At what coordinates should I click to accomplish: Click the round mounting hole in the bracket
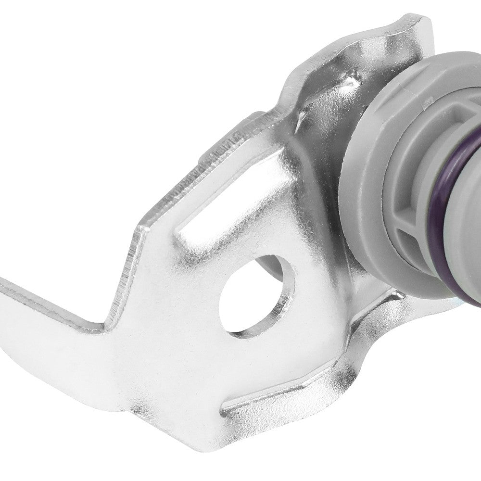click(253, 298)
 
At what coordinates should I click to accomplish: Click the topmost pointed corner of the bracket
click(418, 19)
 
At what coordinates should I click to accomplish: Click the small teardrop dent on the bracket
click(301, 115)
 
